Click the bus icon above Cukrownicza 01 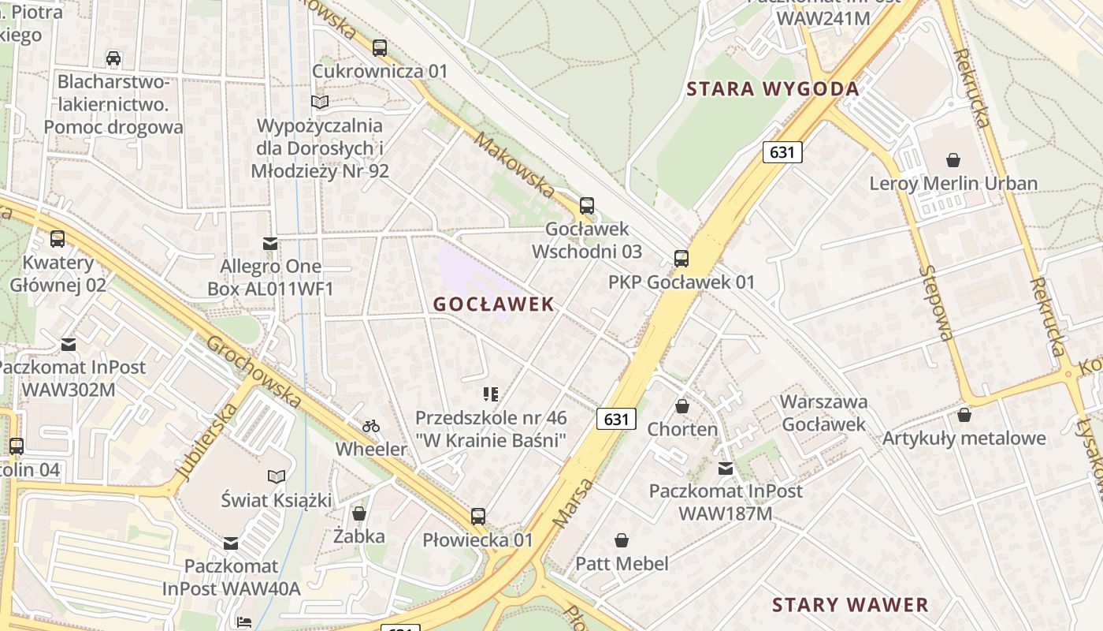tap(380, 47)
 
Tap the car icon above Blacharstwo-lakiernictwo tap(113, 58)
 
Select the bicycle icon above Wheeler tap(371, 426)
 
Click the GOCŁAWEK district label tap(494, 304)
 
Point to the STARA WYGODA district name tap(772, 88)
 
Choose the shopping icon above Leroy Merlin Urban tap(953, 160)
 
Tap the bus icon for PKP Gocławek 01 tap(681, 259)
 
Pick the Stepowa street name tap(935, 303)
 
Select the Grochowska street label tap(254, 372)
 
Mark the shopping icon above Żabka tap(359, 513)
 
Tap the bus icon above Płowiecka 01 tap(478, 517)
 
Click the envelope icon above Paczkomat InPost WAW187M tap(726, 469)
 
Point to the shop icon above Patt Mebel tap(622, 540)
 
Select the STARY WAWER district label tap(850, 605)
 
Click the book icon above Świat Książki tap(277, 476)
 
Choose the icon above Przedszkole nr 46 tap(492, 394)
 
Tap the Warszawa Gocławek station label tap(823, 413)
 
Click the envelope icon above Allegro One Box tap(270, 244)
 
